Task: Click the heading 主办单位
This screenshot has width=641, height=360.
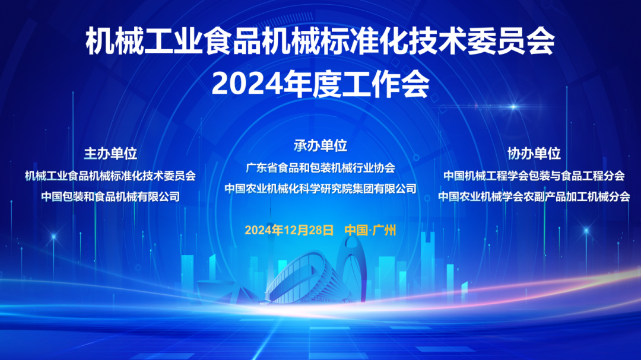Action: [110, 154]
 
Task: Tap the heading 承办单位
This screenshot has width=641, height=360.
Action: [320, 145]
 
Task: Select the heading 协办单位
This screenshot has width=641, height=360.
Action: [534, 154]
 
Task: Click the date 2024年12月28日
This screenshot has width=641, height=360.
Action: [289, 230]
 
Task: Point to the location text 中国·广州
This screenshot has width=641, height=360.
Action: [370, 230]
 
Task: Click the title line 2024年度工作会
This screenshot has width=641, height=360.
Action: [320, 84]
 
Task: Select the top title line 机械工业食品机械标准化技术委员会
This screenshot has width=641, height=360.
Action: [320, 41]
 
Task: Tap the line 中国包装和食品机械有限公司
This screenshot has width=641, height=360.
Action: [110, 196]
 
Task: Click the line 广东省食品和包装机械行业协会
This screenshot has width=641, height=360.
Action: [320, 167]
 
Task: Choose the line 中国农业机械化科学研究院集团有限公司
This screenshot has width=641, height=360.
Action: [320, 189]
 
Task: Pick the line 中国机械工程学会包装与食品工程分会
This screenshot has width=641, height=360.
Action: [534, 176]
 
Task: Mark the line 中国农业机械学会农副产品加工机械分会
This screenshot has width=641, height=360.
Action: [534, 196]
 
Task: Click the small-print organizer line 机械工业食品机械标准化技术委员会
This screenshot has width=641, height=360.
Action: [110, 176]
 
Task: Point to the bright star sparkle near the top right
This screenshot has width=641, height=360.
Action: [513, 107]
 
